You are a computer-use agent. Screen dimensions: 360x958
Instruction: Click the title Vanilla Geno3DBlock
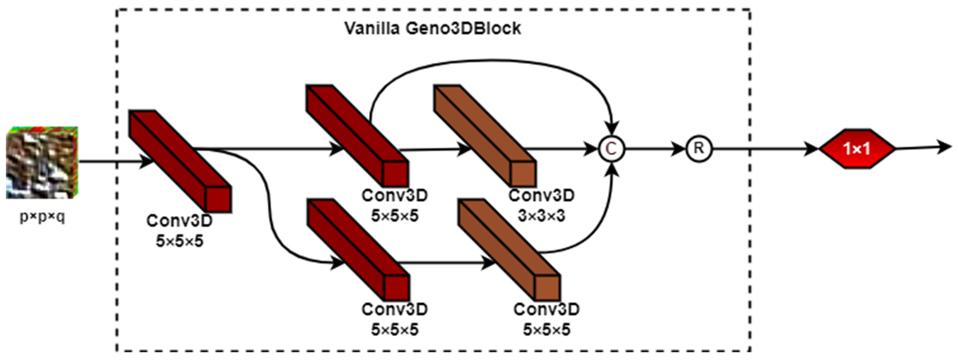click(x=433, y=29)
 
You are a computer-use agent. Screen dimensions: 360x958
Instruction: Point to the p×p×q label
click(x=42, y=216)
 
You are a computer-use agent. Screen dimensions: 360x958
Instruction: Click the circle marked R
click(x=699, y=149)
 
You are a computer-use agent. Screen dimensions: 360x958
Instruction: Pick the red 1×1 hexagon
click(x=857, y=149)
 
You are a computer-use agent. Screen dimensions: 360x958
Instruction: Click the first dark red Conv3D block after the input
click(x=180, y=161)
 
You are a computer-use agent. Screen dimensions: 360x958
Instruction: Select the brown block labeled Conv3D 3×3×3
click(x=485, y=136)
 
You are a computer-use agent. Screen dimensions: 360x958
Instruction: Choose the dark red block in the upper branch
click(x=357, y=136)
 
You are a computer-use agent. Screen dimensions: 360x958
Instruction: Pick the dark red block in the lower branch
click(x=358, y=250)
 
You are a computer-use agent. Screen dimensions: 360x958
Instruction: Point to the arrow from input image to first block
click(x=112, y=162)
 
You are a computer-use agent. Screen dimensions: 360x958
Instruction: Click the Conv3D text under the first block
click(x=179, y=221)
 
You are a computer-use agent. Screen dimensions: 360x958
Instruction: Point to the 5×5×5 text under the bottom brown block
click(x=546, y=330)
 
